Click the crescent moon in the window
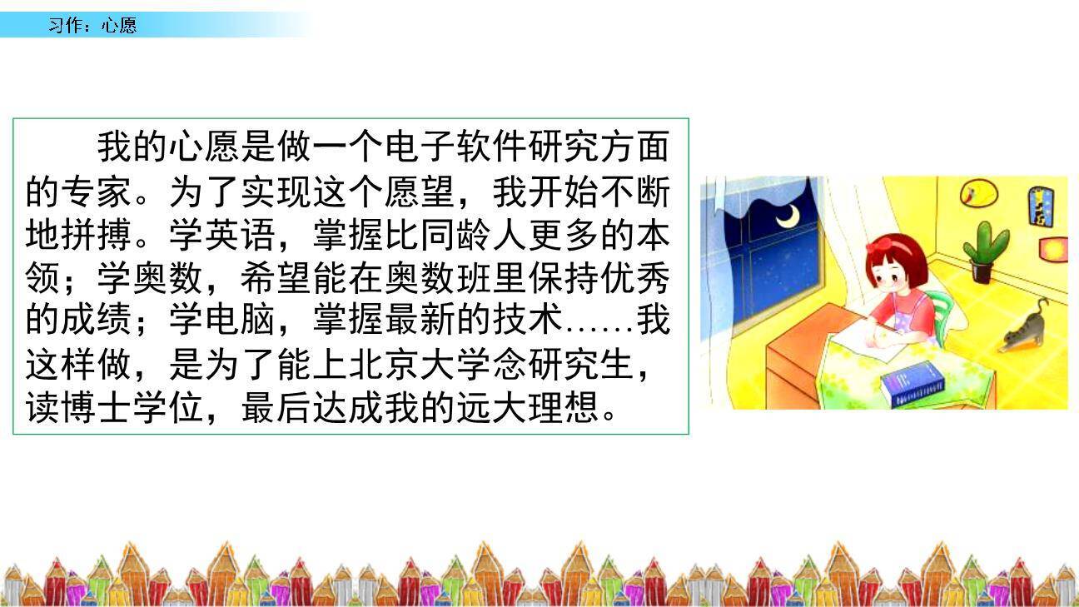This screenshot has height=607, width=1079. pyautogui.click(x=788, y=216)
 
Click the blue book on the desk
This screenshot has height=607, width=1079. pyautogui.click(x=913, y=385)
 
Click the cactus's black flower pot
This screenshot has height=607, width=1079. pyautogui.click(x=983, y=272)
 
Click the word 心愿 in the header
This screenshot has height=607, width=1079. pyautogui.click(x=119, y=25)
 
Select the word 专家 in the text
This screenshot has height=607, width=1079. pyautogui.click(x=97, y=192)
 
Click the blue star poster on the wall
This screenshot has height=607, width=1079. pyautogui.click(x=1040, y=206)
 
